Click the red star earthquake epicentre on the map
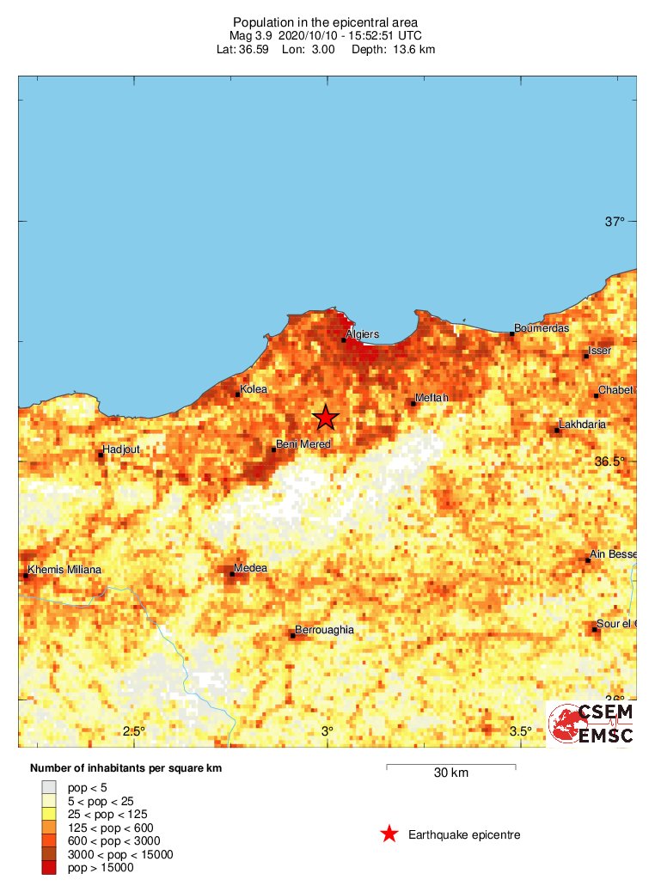[x=325, y=418]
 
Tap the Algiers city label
[x=362, y=334]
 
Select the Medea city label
[x=251, y=568]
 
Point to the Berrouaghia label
[x=324, y=630]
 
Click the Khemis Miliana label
[x=64, y=570]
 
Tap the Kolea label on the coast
[x=254, y=389]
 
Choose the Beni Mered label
[x=302, y=444]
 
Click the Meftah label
[x=432, y=398]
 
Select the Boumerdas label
[x=542, y=328]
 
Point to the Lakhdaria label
[x=582, y=425]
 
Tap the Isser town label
[x=599, y=351]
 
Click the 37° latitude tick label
[x=615, y=222]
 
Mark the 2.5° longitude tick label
[x=133, y=731]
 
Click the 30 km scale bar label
[x=450, y=773]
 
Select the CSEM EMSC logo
[x=591, y=724]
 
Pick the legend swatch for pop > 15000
[x=49, y=868]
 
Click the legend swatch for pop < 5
[x=49, y=786]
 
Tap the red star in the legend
[x=389, y=834]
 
